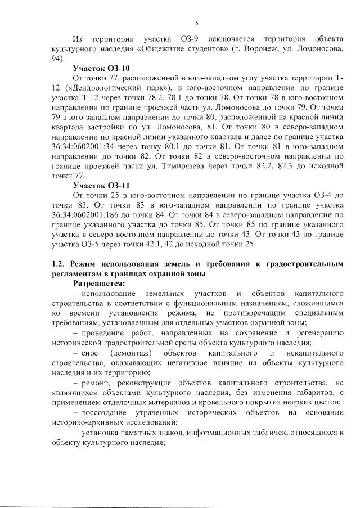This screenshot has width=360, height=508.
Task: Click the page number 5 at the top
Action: [196, 23]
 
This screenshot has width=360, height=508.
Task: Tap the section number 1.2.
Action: [58, 264]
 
